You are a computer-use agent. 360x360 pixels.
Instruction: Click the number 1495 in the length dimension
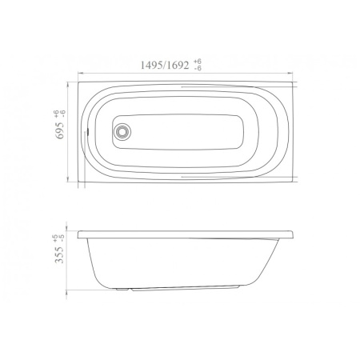[x=151, y=65]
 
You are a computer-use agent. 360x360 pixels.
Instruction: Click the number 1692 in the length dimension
[x=178, y=65]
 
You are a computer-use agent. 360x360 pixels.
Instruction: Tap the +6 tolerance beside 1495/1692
[x=198, y=62]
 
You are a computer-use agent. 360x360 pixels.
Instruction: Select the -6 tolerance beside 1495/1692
[x=198, y=68]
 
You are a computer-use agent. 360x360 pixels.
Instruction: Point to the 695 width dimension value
[x=60, y=130]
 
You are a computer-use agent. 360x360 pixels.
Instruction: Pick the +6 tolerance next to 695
[x=56, y=114]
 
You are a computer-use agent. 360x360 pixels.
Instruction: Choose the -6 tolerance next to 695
[x=63, y=114]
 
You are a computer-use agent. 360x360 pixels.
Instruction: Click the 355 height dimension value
[x=59, y=255]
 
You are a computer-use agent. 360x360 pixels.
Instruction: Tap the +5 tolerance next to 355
[x=55, y=238]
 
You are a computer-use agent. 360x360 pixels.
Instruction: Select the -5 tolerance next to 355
[x=62, y=238]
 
